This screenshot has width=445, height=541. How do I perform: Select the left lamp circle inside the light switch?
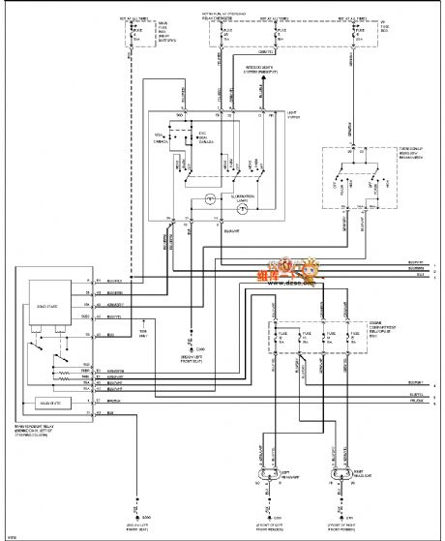click(x=209, y=203)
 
